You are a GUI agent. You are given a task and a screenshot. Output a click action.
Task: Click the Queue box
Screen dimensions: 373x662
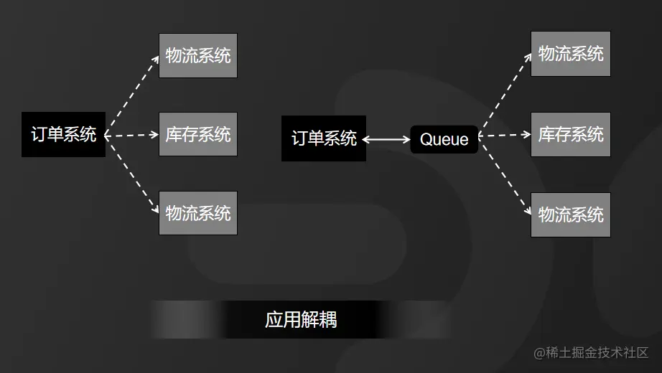point(444,139)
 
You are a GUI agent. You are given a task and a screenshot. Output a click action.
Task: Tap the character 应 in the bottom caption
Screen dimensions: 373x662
point(274,320)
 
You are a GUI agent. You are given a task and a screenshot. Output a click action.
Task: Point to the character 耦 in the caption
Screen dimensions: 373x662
point(327,320)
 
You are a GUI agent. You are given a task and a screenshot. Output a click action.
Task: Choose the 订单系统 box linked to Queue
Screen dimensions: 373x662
point(323,138)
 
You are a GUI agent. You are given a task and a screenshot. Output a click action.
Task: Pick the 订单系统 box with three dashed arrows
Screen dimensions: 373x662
point(63,134)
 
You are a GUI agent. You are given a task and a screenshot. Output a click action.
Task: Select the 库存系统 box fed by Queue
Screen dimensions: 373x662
point(570,134)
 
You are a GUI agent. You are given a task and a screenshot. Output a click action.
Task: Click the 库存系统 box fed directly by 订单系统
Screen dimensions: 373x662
point(197,134)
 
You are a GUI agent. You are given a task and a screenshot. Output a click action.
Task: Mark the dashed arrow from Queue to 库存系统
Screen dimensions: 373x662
point(504,134)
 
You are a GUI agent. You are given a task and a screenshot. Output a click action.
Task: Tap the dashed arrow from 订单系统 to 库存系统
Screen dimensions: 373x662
point(132,134)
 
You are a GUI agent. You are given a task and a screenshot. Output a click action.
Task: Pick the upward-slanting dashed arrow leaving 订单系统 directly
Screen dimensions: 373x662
point(132,93)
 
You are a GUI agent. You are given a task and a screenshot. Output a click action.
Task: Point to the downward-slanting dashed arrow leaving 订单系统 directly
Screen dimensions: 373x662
point(132,174)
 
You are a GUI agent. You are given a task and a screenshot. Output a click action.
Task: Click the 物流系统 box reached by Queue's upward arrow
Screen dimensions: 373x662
point(570,54)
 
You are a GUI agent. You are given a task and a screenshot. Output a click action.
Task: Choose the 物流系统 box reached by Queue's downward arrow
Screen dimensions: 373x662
point(570,214)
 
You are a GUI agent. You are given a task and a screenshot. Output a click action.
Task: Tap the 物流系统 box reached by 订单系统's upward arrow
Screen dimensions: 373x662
point(197,55)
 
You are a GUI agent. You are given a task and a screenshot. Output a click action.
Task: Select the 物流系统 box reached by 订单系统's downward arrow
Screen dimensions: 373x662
point(197,213)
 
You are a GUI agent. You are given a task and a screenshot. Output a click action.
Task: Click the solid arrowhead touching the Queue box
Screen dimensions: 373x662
point(406,139)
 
